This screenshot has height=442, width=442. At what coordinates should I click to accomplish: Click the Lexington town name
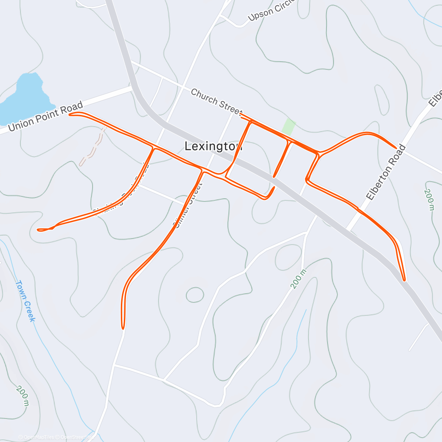coord(213,146)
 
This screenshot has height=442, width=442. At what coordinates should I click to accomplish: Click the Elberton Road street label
coord(386,172)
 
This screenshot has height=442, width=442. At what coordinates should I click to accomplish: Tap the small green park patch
coord(289,126)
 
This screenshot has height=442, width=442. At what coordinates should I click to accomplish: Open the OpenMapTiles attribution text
coord(36,437)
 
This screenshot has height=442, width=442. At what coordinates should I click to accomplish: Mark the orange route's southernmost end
coord(123,327)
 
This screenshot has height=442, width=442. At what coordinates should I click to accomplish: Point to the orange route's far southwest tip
coord(39,230)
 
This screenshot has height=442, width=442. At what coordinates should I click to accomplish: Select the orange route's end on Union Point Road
coord(70,115)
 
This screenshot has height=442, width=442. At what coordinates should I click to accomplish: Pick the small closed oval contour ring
coord(195,295)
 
